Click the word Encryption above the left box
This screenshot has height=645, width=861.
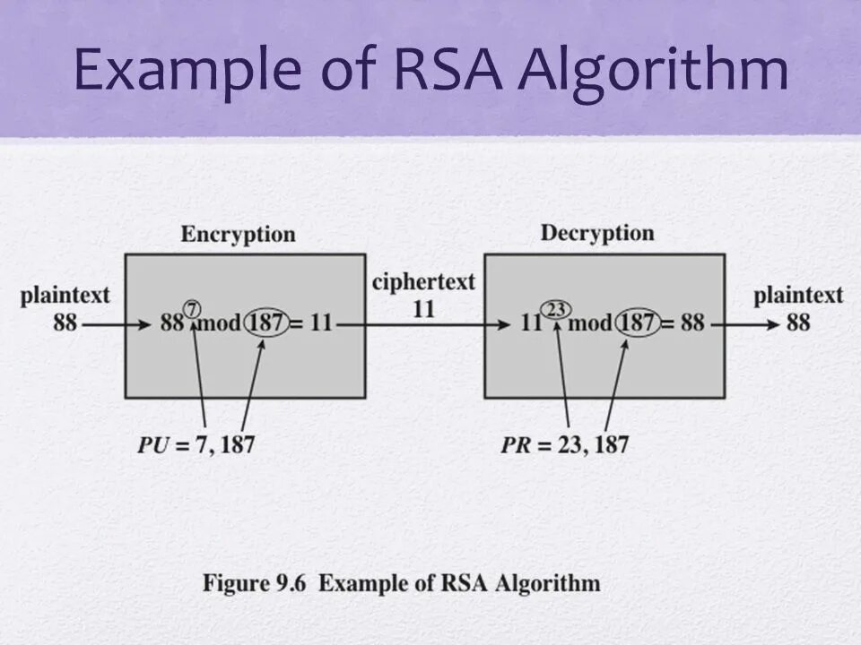click(238, 235)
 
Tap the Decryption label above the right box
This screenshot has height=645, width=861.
click(597, 234)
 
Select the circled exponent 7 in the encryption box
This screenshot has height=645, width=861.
click(191, 308)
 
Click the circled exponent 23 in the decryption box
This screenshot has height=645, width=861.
click(557, 309)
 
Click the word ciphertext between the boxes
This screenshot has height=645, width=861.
click(424, 282)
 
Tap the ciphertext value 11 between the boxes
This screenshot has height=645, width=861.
click(423, 308)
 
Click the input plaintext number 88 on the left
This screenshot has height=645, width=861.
click(65, 322)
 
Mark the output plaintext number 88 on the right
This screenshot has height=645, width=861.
click(798, 322)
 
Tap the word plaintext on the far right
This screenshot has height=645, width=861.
click(798, 296)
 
